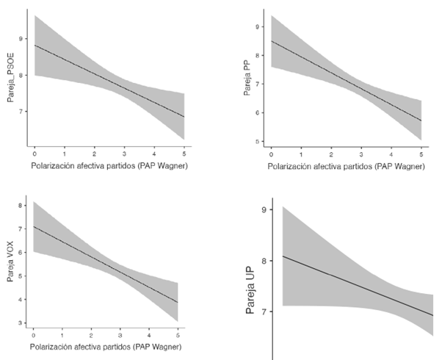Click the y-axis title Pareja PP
247,74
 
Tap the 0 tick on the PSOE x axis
35,155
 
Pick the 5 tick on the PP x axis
421,155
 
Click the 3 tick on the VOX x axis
123,334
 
